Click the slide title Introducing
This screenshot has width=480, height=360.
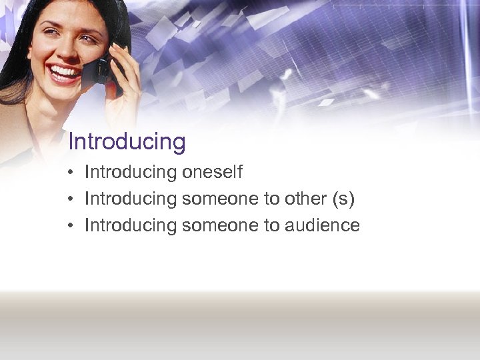tap(127, 142)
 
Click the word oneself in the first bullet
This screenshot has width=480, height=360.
tap(212, 173)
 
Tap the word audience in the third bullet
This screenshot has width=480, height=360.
tap(322, 225)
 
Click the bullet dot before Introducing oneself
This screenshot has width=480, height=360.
tap(70, 173)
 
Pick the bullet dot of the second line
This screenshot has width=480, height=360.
tap(70, 199)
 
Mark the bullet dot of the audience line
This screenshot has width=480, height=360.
tap(70, 226)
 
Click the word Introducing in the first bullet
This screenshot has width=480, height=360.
tap(130, 173)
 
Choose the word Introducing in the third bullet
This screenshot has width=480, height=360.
tap(130, 225)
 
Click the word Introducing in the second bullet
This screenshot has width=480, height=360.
tap(130, 199)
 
